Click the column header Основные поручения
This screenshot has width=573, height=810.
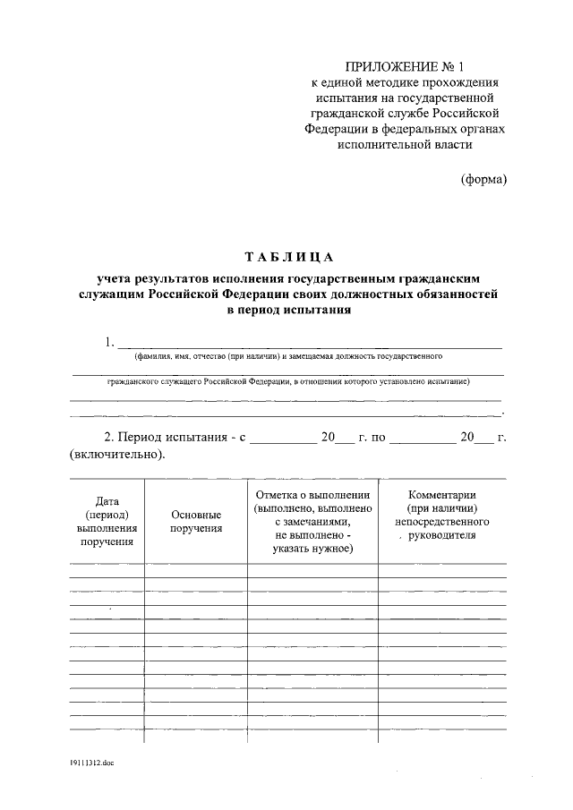[196, 522]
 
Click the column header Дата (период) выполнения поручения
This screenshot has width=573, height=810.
[107, 522]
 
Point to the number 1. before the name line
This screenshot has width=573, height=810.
[110, 342]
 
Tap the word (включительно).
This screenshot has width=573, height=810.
[116, 455]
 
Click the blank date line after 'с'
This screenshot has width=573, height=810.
[283, 439]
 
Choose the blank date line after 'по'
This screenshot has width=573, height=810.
[423, 439]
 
